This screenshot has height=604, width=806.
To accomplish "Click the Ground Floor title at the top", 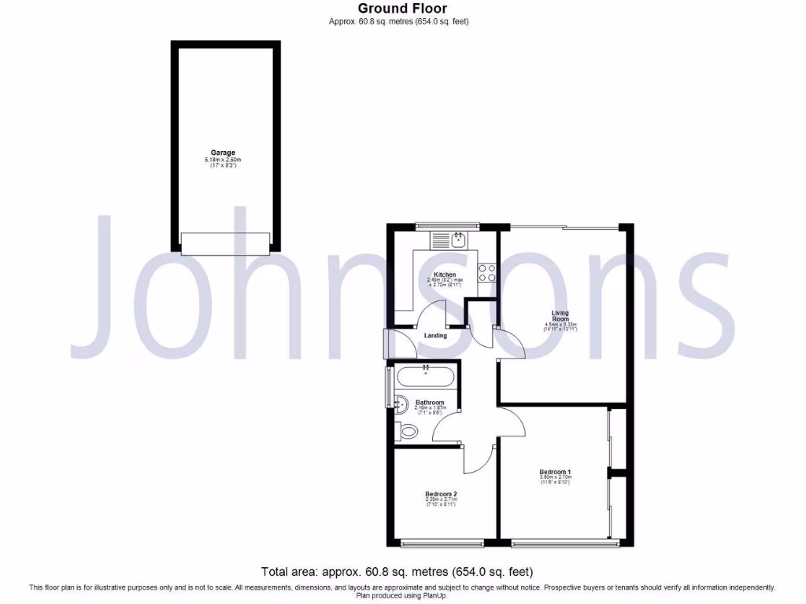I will [x=402, y=9].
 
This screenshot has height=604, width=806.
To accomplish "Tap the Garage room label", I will [x=222, y=153].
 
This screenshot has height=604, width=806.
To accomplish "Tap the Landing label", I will [x=435, y=336].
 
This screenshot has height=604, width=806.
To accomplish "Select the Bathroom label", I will [x=431, y=403].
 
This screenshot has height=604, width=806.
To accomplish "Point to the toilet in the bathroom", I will [x=407, y=431].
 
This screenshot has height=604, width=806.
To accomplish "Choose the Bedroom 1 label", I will [x=555, y=471].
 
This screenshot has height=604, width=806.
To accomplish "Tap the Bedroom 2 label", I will [x=440, y=494].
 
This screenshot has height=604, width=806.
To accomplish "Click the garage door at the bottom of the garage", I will [x=225, y=243].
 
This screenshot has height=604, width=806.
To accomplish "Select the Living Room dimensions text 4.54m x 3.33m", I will [x=560, y=325].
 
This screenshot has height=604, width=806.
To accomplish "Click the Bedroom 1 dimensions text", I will [x=555, y=480].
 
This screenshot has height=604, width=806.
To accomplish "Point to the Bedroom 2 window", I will [x=442, y=543].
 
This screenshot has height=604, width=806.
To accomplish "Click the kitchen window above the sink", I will [x=448, y=226].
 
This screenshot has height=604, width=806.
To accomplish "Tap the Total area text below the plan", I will [x=402, y=572].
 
